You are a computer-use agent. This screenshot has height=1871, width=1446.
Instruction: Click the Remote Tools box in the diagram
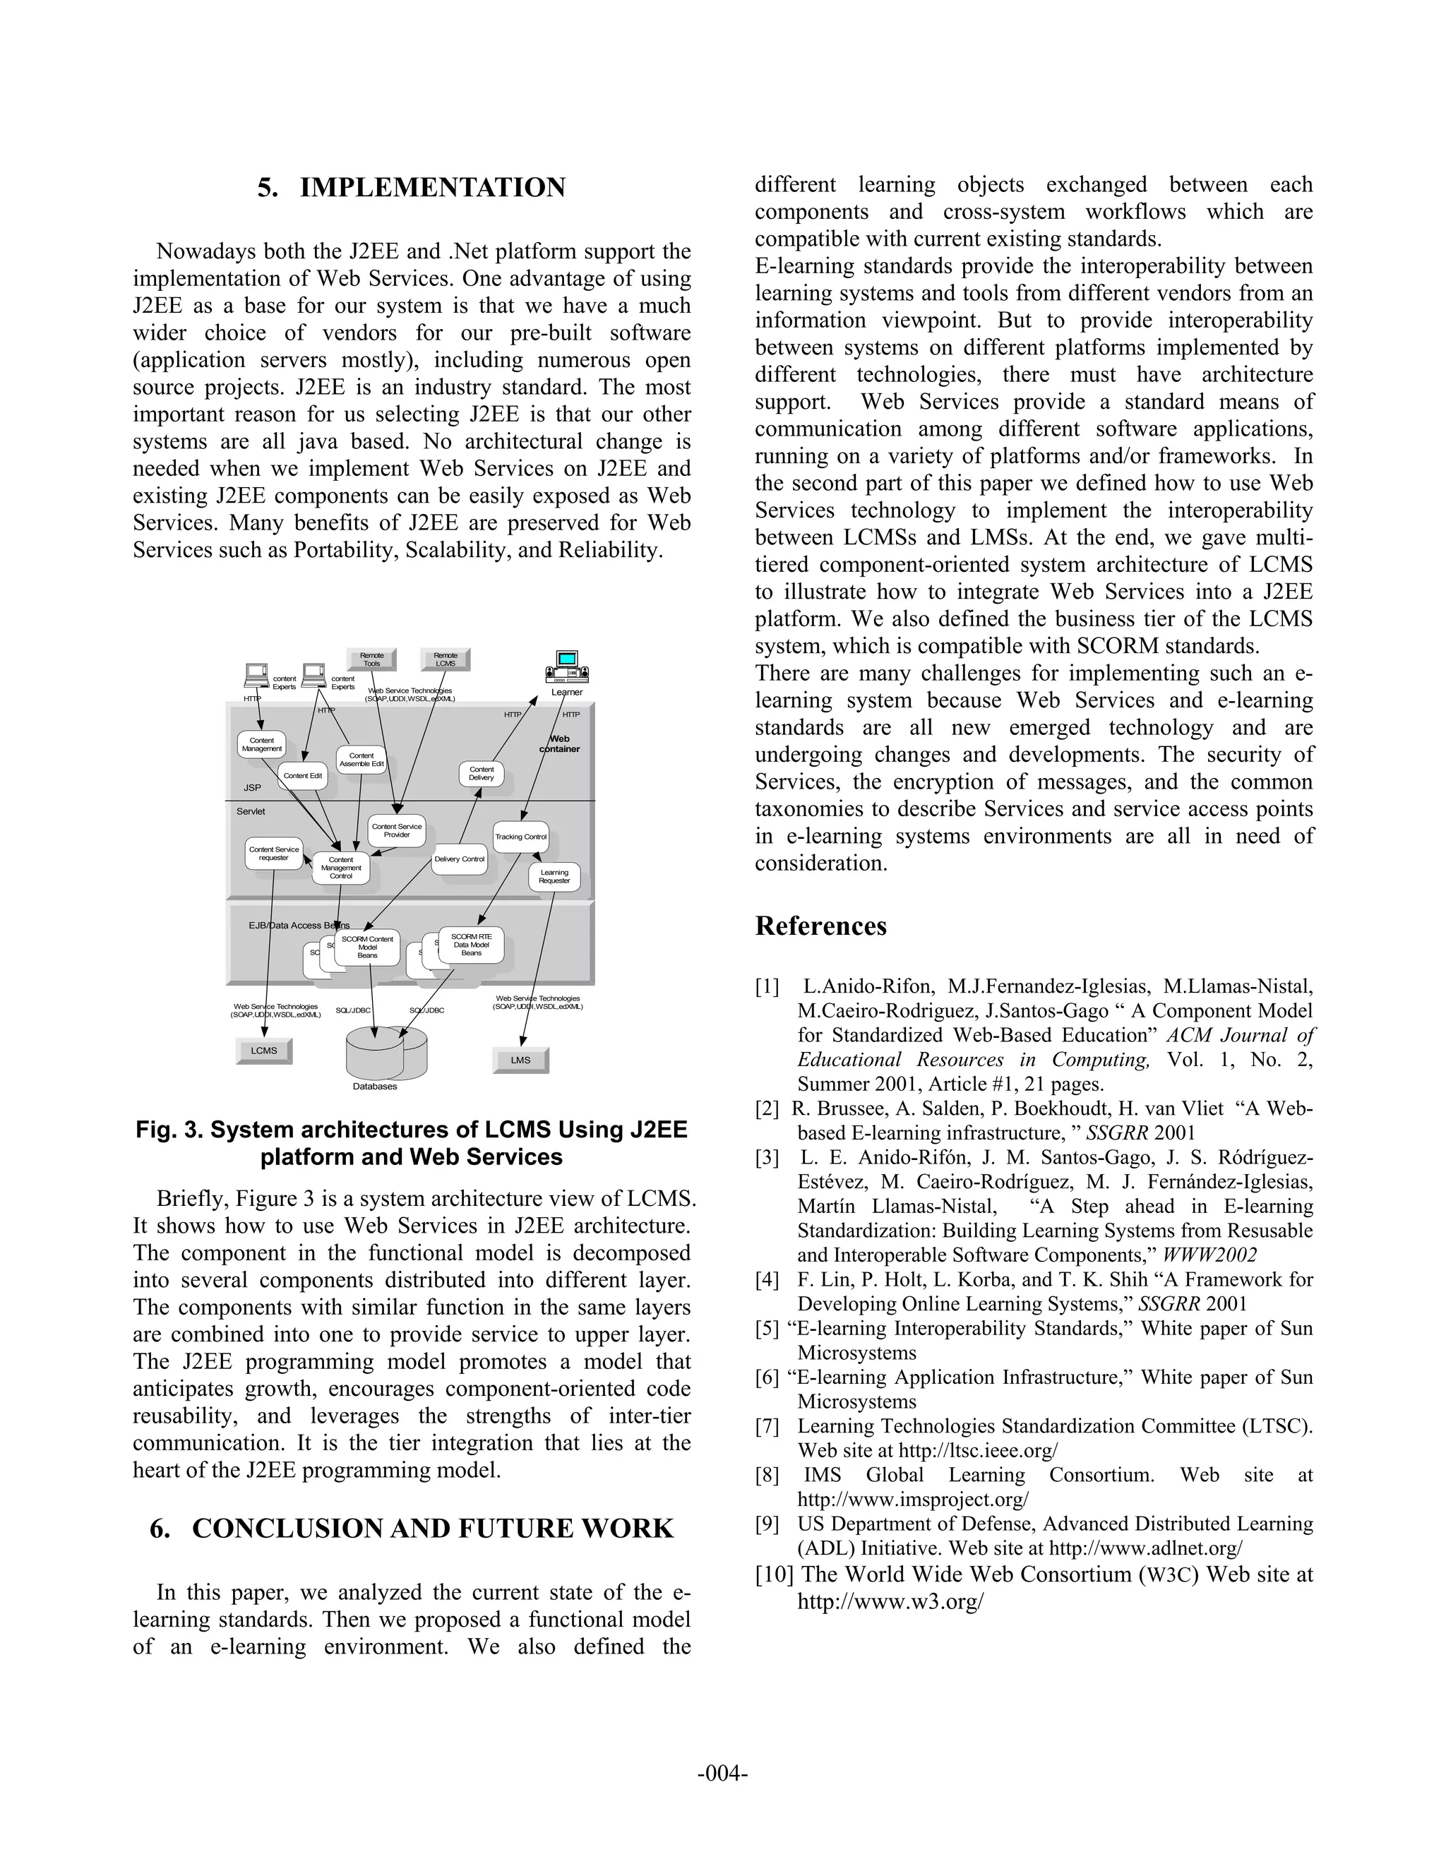(x=371, y=659)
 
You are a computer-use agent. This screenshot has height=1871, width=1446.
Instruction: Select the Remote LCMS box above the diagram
(x=446, y=659)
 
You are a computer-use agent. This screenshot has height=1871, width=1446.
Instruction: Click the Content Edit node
(x=302, y=775)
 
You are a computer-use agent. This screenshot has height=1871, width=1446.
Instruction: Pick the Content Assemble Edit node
(x=361, y=759)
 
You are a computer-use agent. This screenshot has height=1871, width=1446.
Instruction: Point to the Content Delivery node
(x=482, y=774)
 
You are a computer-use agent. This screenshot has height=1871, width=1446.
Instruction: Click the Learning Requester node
(x=554, y=876)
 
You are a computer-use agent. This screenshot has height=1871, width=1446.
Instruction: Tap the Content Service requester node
(x=274, y=854)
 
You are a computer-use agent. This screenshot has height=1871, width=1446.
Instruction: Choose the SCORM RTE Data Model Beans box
(x=471, y=945)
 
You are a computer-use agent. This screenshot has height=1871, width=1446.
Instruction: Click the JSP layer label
(x=252, y=787)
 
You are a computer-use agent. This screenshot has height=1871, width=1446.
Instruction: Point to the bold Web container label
(x=559, y=743)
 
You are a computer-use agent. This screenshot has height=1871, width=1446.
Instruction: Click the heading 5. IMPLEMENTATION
(x=411, y=188)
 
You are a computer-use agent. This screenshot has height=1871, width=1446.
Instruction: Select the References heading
(x=820, y=926)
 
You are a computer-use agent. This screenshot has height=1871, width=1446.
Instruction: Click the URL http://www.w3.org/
(x=890, y=1601)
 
